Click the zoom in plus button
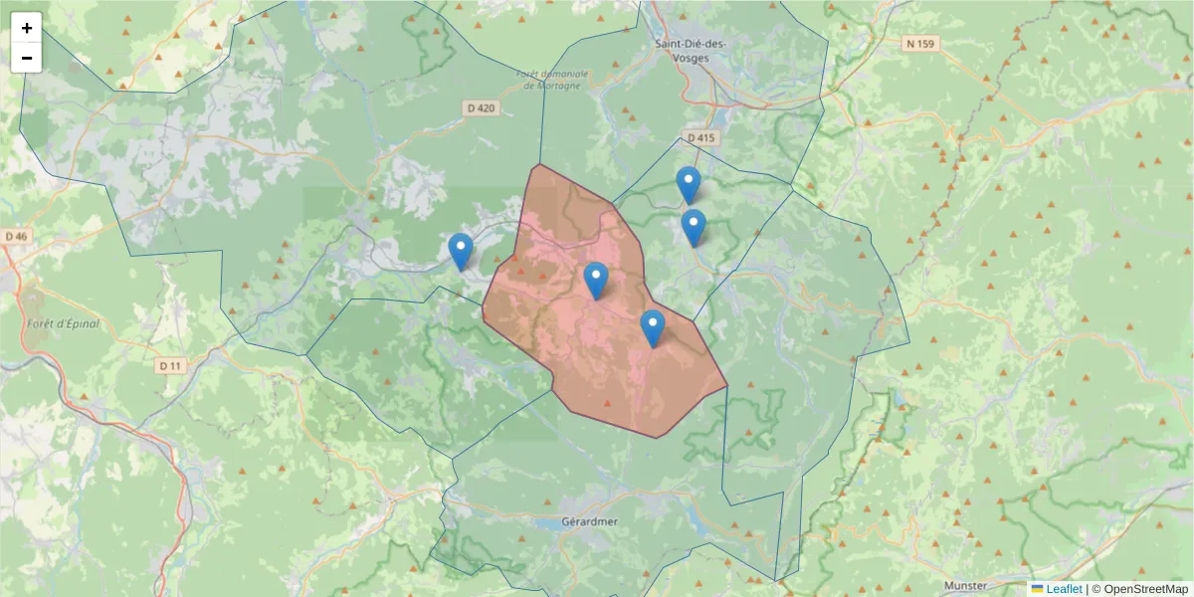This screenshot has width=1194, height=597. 27,28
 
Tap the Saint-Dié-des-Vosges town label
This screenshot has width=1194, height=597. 692,50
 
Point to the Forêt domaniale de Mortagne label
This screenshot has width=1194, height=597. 553,80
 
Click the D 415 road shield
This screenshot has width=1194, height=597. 701,138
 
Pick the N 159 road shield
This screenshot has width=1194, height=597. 922,44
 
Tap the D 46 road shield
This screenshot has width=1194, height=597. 17,237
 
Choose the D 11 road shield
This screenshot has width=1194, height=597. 171,365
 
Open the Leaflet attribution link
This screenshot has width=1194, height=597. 1064,589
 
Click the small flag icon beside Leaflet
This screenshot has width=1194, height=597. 1038,589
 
